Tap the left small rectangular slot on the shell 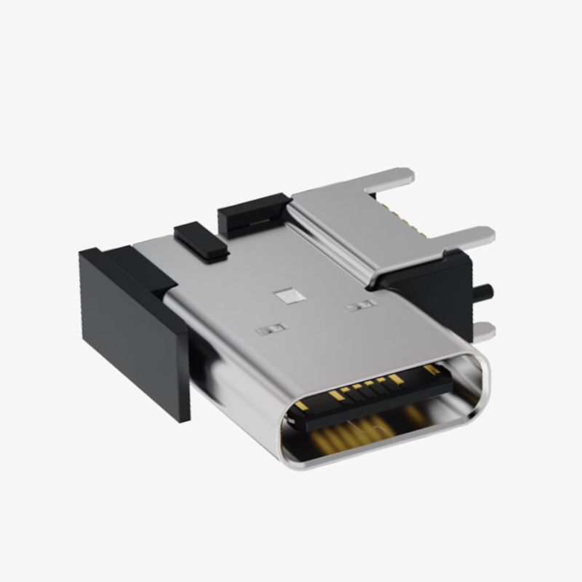(x=268, y=330)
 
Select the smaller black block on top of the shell (x=201, y=241)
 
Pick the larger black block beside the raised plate (x=250, y=212)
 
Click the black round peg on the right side (x=483, y=292)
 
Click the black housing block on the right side (x=436, y=291)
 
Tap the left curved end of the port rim (x=287, y=436)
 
